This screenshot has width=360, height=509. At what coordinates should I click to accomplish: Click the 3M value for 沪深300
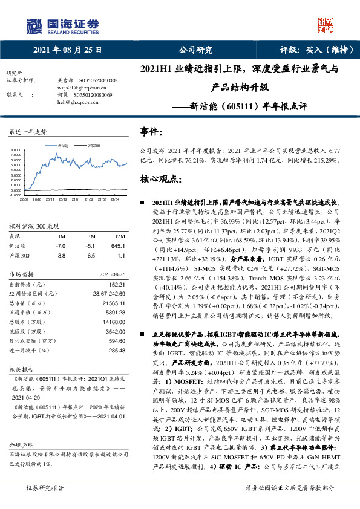91,256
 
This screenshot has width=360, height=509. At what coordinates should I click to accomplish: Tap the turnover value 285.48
116,350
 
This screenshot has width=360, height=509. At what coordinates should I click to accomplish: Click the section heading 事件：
151,132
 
